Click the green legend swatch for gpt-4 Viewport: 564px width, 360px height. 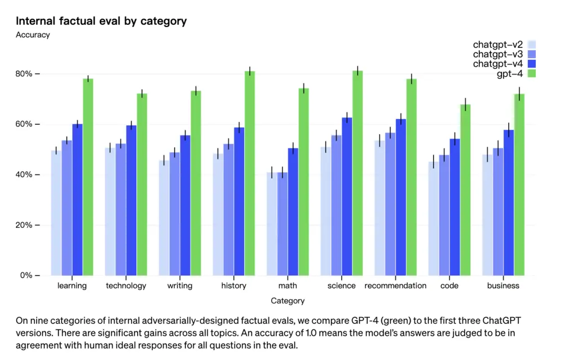point(531,73)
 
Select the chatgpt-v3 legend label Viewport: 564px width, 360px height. point(498,54)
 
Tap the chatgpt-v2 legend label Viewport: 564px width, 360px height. point(498,45)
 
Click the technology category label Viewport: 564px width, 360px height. point(126,286)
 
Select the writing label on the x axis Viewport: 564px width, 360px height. point(180,286)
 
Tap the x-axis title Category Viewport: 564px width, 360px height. point(288,301)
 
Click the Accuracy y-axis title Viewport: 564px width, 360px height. point(33,35)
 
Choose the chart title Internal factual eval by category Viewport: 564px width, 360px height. point(101,21)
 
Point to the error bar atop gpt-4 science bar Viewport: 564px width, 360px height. point(358,71)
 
